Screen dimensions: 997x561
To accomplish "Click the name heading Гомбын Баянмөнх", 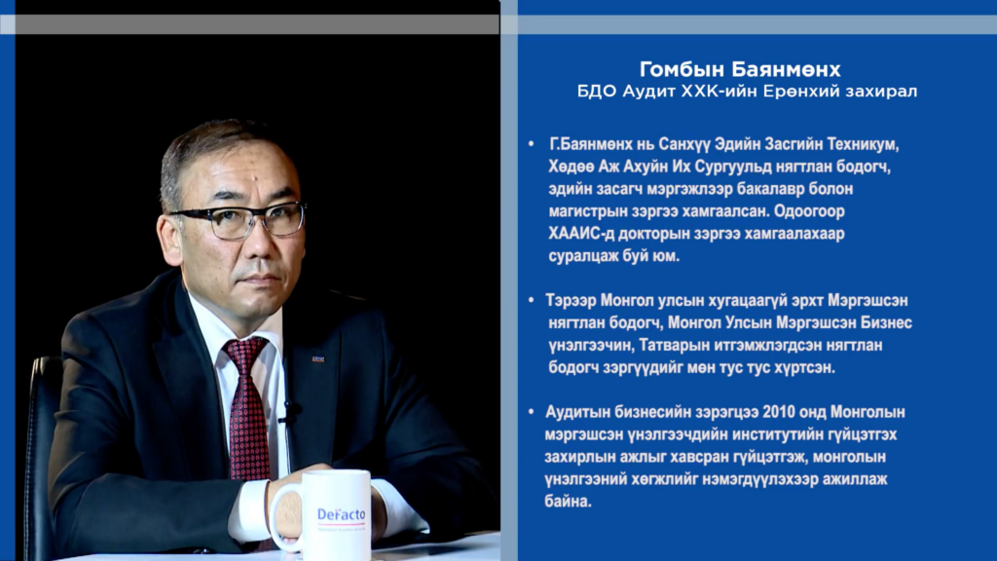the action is pos(740,69).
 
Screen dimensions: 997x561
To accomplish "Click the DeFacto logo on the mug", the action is pos(341,514).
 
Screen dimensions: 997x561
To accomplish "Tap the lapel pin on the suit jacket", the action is pos(318,359).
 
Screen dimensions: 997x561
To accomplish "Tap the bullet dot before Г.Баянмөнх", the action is pos(532,144).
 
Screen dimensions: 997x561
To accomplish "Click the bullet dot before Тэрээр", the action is pos(532,300).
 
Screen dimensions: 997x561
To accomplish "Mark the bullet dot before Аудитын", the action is pos(532,412).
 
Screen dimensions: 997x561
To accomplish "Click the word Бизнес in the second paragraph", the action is pos(886,322).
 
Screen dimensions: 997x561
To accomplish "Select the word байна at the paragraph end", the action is pos(568,502).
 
